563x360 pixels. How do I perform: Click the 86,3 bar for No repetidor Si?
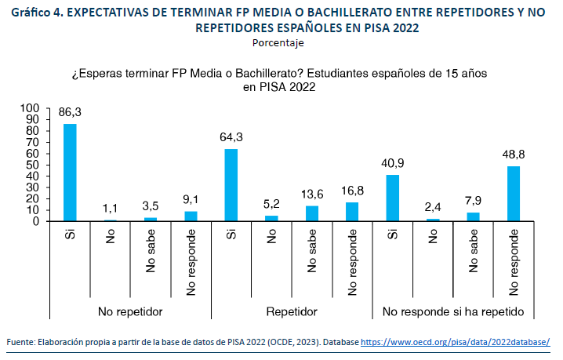pyautogui.click(x=70, y=173)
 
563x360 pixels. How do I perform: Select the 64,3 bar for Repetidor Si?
pyautogui.click(x=231, y=185)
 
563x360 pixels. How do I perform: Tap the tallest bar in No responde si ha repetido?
pyautogui.click(x=514, y=194)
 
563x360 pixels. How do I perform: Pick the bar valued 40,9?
pyautogui.click(x=393, y=198)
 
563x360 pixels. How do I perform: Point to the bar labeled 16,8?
pyautogui.click(x=352, y=212)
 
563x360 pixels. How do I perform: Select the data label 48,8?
pyautogui.click(x=514, y=155)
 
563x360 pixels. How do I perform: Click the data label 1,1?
pyautogui.click(x=110, y=209)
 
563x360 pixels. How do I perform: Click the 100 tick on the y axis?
pyautogui.click(x=29, y=108)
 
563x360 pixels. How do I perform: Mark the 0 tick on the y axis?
pyautogui.click(x=35, y=221)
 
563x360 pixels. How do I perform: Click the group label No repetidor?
pyautogui.click(x=130, y=311)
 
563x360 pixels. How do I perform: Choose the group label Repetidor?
pyautogui.click(x=291, y=311)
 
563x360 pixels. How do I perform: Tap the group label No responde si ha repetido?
pyautogui.click(x=453, y=311)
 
